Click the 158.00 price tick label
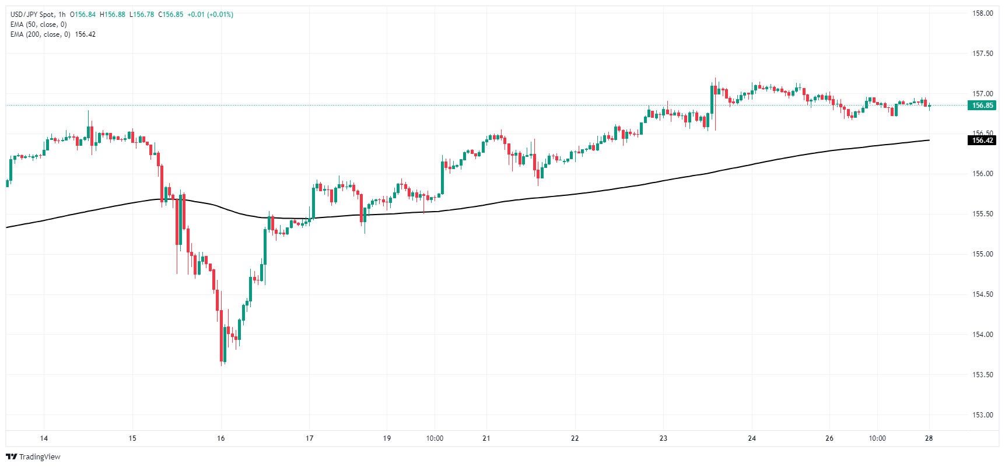tap(982, 13)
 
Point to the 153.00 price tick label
tap(982, 415)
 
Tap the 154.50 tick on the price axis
tap(982, 294)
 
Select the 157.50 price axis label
tap(982, 54)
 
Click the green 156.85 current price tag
tap(982, 106)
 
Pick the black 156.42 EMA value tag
tap(982, 141)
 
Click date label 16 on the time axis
tap(220, 438)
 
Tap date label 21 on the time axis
tap(486, 438)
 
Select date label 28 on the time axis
tap(929, 438)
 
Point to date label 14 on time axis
tap(44, 438)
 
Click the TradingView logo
tap(33, 457)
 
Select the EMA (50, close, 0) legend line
tap(38, 24)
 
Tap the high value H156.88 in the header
tap(113, 15)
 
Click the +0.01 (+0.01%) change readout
tap(210, 15)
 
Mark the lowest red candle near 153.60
tap(222, 344)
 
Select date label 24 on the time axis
tap(751, 438)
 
